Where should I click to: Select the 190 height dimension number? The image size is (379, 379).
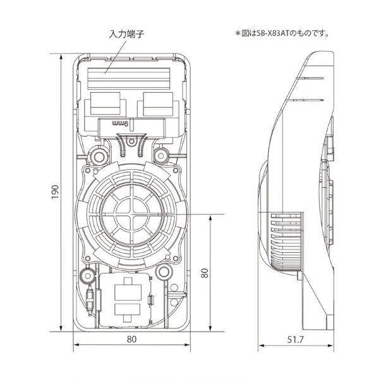point(54,192)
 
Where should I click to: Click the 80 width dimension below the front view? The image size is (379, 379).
point(132,339)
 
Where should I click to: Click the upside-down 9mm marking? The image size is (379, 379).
point(120,125)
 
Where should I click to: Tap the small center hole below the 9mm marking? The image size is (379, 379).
point(131,152)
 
